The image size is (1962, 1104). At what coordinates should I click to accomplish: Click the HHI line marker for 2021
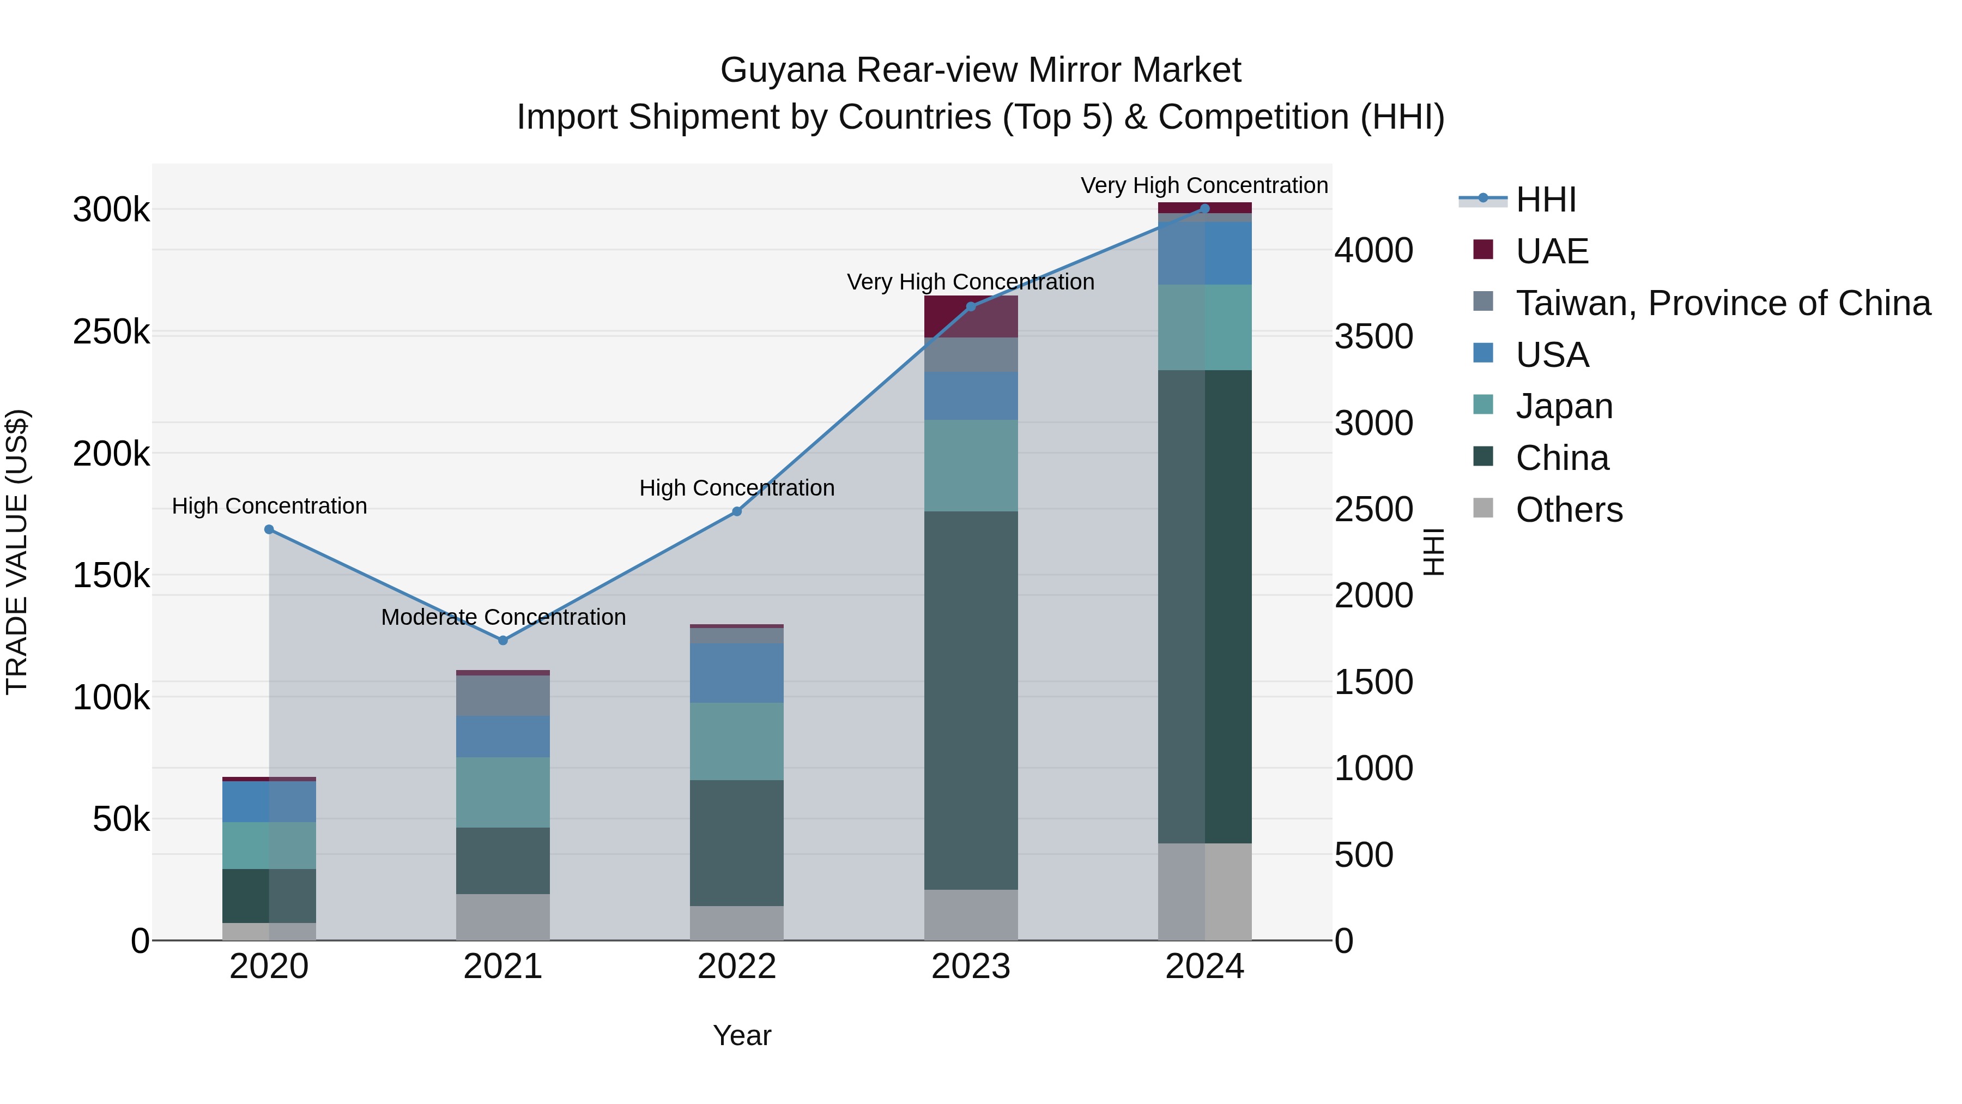pyautogui.click(x=502, y=640)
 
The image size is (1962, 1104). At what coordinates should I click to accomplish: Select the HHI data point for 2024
pyautogui.click(x=1204, y=209)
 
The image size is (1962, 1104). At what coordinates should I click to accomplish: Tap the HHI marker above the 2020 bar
pyautogui.click(x=269, y=529)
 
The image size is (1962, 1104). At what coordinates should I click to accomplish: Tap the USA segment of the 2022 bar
pyautogui.click(x=736, y=673)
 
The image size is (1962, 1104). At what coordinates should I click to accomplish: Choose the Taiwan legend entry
pyautogui.click(x=1722, y=303)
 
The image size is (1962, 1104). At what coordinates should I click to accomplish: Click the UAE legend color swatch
pyautogui.click(x=1483, y=250)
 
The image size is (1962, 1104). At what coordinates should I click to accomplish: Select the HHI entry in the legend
pyautogui.click(x=1546, y=200)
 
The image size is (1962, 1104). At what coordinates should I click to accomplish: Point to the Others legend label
pyautogui.click(x=1569, y=510)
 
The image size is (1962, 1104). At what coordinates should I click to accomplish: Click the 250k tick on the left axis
pyautogui.click(x=111, y=332)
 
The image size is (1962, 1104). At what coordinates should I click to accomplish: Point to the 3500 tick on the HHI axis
pyautogui.click(x=1373, y=337)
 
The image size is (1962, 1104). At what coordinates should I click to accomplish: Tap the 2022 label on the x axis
pyautogui.click(x=736, y=967)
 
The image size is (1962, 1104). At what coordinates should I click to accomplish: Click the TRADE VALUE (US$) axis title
pyautogui.click(x=17, y=552)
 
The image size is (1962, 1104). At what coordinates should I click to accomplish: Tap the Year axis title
pyautogui.click(x=742, y=1035)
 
